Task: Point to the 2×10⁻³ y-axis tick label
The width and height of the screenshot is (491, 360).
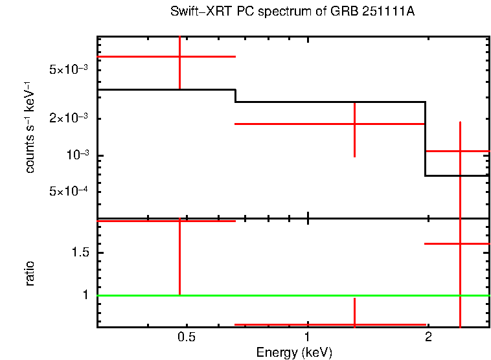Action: point(69,119)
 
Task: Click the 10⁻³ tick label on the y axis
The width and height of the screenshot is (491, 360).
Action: point(75,156)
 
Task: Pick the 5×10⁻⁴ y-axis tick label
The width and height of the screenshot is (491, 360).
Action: point(69,192)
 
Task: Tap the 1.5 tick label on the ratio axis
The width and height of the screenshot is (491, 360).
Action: point(80,253)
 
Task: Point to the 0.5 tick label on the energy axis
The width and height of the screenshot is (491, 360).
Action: point(187,337)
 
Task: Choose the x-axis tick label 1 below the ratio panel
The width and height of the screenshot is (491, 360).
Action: point(307,337)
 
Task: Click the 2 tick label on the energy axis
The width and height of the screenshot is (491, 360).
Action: point(428,337)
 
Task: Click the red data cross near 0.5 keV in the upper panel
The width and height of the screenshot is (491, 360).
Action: point(179,57)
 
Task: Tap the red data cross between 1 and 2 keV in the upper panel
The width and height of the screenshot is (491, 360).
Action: point(354,124)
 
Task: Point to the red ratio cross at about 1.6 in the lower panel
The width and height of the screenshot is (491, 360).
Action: point(460,243)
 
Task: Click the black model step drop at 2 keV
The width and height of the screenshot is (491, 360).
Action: point(426,139)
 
